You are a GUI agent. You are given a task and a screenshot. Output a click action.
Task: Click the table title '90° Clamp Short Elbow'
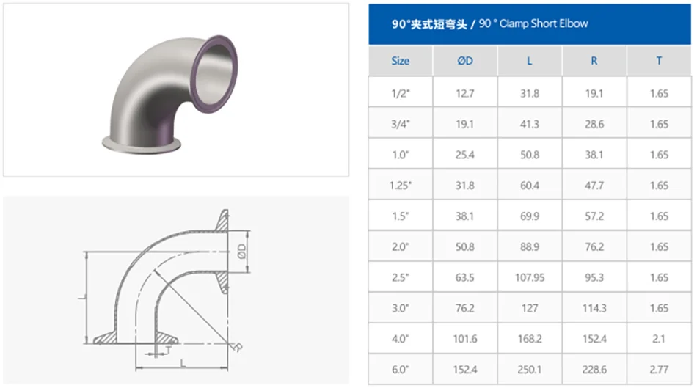click(x=489, y=23)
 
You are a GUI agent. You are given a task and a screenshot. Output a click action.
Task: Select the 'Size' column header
click(x=400, y=61)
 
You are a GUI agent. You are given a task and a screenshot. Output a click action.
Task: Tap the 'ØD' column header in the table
click(x=464, y=61)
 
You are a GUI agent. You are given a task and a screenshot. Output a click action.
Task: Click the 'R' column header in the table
click(x=594, y=61)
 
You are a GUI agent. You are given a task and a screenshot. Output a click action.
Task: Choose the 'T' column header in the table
click(x=659, y=61)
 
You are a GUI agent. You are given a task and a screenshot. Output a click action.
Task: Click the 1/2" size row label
click(x=400, y=94)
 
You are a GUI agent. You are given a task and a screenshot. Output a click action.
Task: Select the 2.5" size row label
click(x=400, y=278)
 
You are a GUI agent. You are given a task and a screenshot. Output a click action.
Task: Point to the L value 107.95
click(x=530, y=278)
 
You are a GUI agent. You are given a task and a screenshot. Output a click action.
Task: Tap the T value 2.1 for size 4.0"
click(x=659, y=339)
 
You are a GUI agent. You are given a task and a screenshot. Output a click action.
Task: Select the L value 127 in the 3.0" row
click(x=530, y=308)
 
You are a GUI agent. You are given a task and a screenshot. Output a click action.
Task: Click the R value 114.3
click(x=594, y=308)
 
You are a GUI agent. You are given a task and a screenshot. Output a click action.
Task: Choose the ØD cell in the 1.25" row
click(x=464, y=186)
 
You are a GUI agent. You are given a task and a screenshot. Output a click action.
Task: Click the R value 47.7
click(x=594, y=186)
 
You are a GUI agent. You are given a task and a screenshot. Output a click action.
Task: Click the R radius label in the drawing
click(x=237, y=348)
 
